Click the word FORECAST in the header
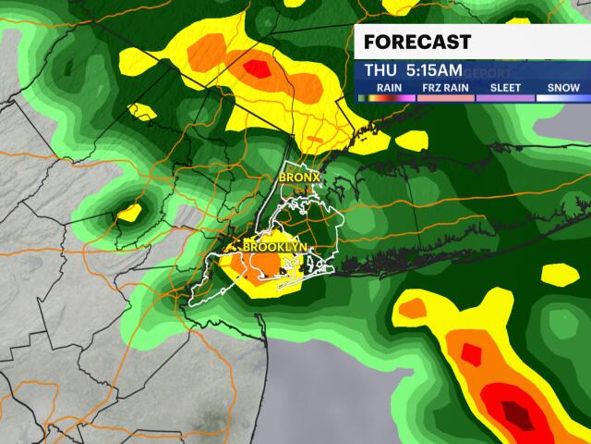(x=417, y=43)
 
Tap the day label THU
(x=380, y=70)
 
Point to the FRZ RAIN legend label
(x=442, y=89)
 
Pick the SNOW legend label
(x=561, y=89)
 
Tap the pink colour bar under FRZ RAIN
(x=442, y=97)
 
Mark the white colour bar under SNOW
(x=561, y=97)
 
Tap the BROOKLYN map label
(x=274, y=247)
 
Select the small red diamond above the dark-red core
(x=471, y=352)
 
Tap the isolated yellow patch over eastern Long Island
(x=557, y=274)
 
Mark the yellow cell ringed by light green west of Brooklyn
(x=129, y=212)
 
